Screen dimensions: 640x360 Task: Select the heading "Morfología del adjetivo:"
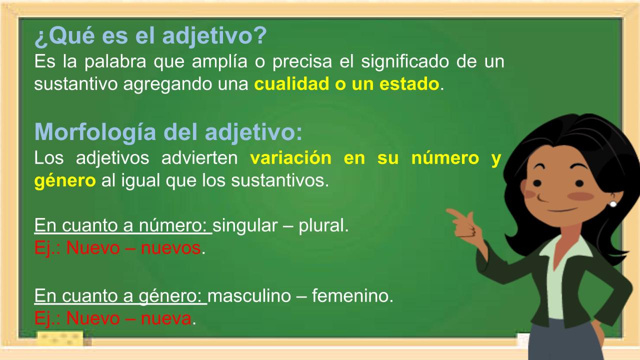pyautogui.click(x=168, y=133)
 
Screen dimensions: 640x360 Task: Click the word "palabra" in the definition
pyautogui.click(x=115, y=61)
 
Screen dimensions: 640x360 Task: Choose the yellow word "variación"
pyautogui.click(x=291, y=157)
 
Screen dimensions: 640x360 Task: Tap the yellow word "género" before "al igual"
pyautogui.click(x=65, y=181)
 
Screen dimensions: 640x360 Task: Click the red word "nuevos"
pyautogui.click(x=170, y=248)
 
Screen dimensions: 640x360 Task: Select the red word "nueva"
pyautogui.click(x=166, y=318)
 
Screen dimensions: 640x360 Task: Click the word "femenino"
pyautogui.click(x=350, y=295)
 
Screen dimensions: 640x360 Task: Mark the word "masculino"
pyautogui.click(x=249, y=295)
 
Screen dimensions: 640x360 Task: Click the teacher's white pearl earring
pyautogui.click(x=613, y=204)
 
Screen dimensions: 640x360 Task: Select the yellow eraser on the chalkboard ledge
pyautogui.click(x=60, y=338)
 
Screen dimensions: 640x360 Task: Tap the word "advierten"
pyautogui.click(x=199, y=157)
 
